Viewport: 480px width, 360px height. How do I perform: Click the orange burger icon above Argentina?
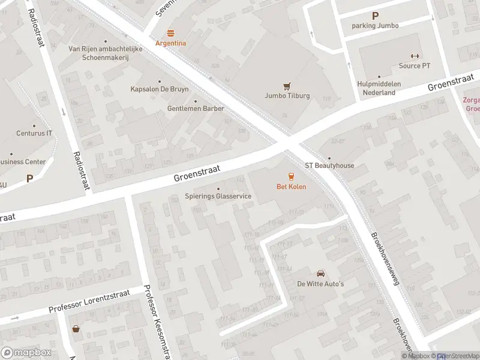pyautogui.click(x=171, y=33)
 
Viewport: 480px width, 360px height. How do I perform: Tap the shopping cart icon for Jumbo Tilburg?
pyautogui.click(x=287, y=86)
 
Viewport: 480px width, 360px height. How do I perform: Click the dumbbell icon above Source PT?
pyautogui.click(x=414, y=56)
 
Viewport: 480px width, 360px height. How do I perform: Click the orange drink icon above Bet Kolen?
pyautogui.click(x=291, y=176)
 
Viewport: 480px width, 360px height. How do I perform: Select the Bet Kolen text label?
pyautogui.click(x=291, y=187)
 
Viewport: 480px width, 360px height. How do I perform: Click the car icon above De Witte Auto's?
pyautogui.click(x=320, y=273)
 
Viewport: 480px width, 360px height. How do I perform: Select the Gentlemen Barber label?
pyautogui.click(x=196, y=109)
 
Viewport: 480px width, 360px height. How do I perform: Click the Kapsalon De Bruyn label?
pyautogui.click(x=160, y=89)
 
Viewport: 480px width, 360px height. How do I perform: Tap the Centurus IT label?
pyautogui.click(x=34, y=133)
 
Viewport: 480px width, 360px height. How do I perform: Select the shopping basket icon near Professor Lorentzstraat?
pyautogui.click(x=76, y=329)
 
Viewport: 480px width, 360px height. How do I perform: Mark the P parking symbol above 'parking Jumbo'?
pyautogui.click(x=376, y=16)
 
